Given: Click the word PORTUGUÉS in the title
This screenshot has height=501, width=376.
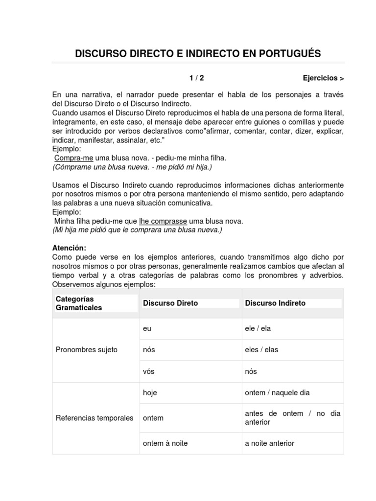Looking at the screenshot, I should (x=287, y=54).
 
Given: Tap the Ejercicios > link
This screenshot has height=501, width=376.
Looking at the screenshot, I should (x=323, y=78).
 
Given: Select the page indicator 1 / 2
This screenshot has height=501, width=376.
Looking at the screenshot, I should (x=197, y=78).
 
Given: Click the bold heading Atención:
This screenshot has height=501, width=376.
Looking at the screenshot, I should (x=69, y=248).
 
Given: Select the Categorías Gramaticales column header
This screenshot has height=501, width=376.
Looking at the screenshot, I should (x=79, y=303).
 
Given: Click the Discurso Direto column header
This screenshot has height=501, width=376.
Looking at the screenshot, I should (x=170, y=303).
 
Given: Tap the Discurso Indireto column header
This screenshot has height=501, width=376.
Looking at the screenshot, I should (x=275, y=303).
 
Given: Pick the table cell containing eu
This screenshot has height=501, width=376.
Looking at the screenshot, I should (x=147, y=328).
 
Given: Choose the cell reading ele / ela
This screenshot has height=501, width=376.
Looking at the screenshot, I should (x=258, y=328).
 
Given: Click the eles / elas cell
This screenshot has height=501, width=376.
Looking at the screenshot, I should (x=261, y=350).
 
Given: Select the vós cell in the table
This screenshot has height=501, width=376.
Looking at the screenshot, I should (x=148, y=371).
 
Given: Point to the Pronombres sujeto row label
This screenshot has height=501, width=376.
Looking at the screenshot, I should (x=87, y=350).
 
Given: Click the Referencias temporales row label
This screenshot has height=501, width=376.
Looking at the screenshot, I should (x=94, y=418).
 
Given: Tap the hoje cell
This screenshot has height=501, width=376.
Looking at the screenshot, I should (x=150, y=392).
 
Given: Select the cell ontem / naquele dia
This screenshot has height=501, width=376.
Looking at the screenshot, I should (x=277, y=392).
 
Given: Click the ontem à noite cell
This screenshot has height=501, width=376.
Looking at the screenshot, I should (x=165, y=443).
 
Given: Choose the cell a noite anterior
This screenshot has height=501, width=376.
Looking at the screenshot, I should (x=270, y=443).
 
